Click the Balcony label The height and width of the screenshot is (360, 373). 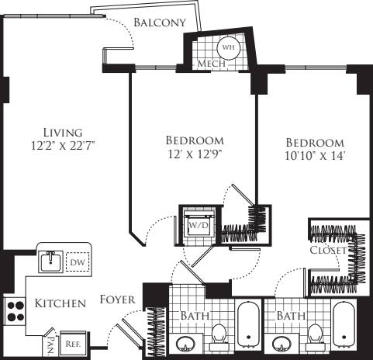point(160,22)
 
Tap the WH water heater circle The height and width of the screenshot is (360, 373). point(228,47)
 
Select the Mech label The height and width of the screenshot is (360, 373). point(212,64)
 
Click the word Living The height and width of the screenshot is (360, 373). point(63,132)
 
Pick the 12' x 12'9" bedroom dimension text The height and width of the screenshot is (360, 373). point(195,154)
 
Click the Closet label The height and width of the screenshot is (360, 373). point(326,251)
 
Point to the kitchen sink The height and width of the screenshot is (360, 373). point(51,261)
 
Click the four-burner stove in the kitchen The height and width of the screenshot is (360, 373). point(16,310)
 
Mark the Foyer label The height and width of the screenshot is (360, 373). point(118,299)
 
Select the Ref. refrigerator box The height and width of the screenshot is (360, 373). point(74,341)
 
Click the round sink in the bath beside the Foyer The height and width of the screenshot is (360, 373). point(187,345)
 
